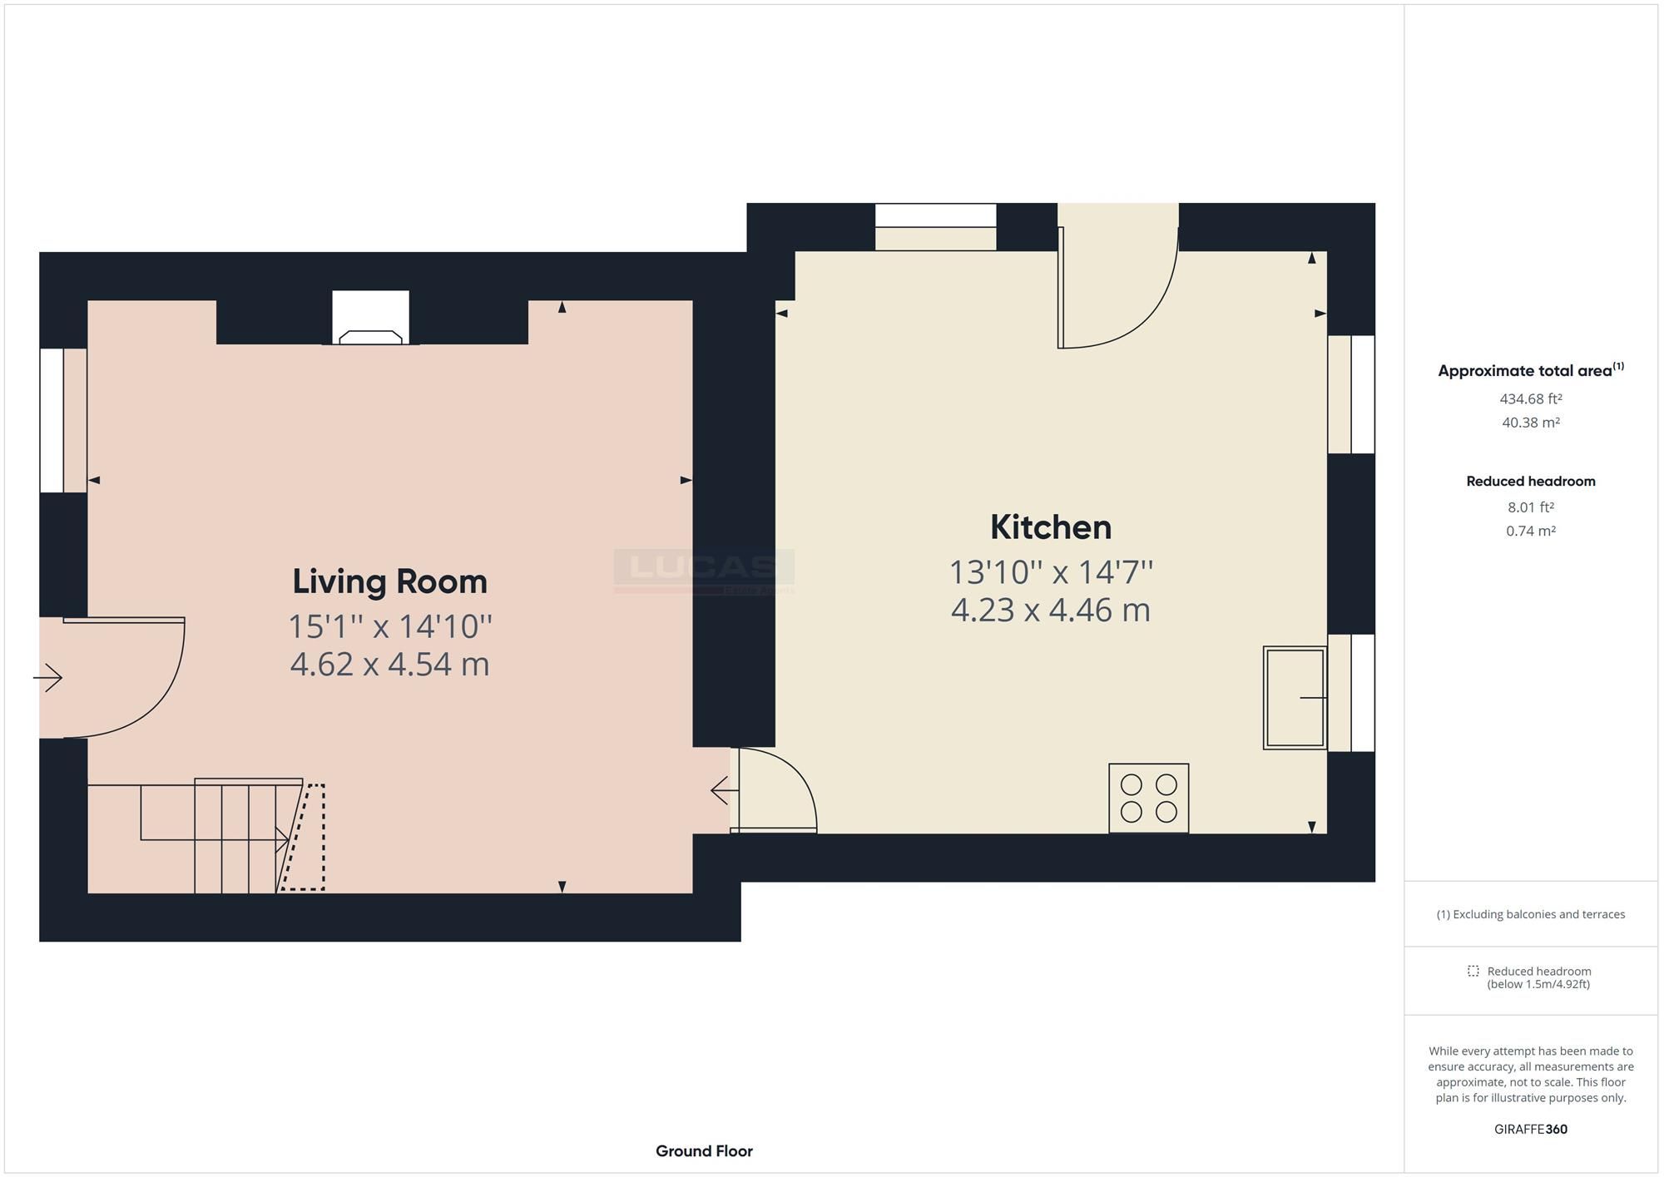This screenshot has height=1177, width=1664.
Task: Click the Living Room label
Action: pyautogui.click(x=389, y=581)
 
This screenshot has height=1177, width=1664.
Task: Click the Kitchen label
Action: pyautogui.click(x=1050, y=527)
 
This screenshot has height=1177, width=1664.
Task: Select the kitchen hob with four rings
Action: pyautogui.click(x=1148, y=798)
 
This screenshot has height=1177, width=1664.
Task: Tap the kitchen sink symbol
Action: pyautogui.click(x=1294, y=698)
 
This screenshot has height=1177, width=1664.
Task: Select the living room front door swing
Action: pyautogui.click(x=116, y=677)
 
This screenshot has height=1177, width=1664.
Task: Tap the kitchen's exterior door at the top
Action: pyautogui.click(x=1117, y=279)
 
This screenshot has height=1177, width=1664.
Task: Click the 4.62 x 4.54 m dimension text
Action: pyautogui.click(x=389, y=665)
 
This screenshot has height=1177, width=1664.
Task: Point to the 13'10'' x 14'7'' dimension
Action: pyautogui.click(x=1050, y=572)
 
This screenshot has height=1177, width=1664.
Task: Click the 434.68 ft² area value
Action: pyautogui.click(x=1530, y=398)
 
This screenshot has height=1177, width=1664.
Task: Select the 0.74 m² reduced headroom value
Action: pyautogui.click(x=1530, y=531)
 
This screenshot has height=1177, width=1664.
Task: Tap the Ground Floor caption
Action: pyautogui.click(x=704, y=1151)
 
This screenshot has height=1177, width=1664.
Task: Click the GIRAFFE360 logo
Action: pyautogui.click(x=1530, y=1129)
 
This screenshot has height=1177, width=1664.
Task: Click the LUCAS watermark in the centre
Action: pyautogui.click(x=704, y=569)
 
